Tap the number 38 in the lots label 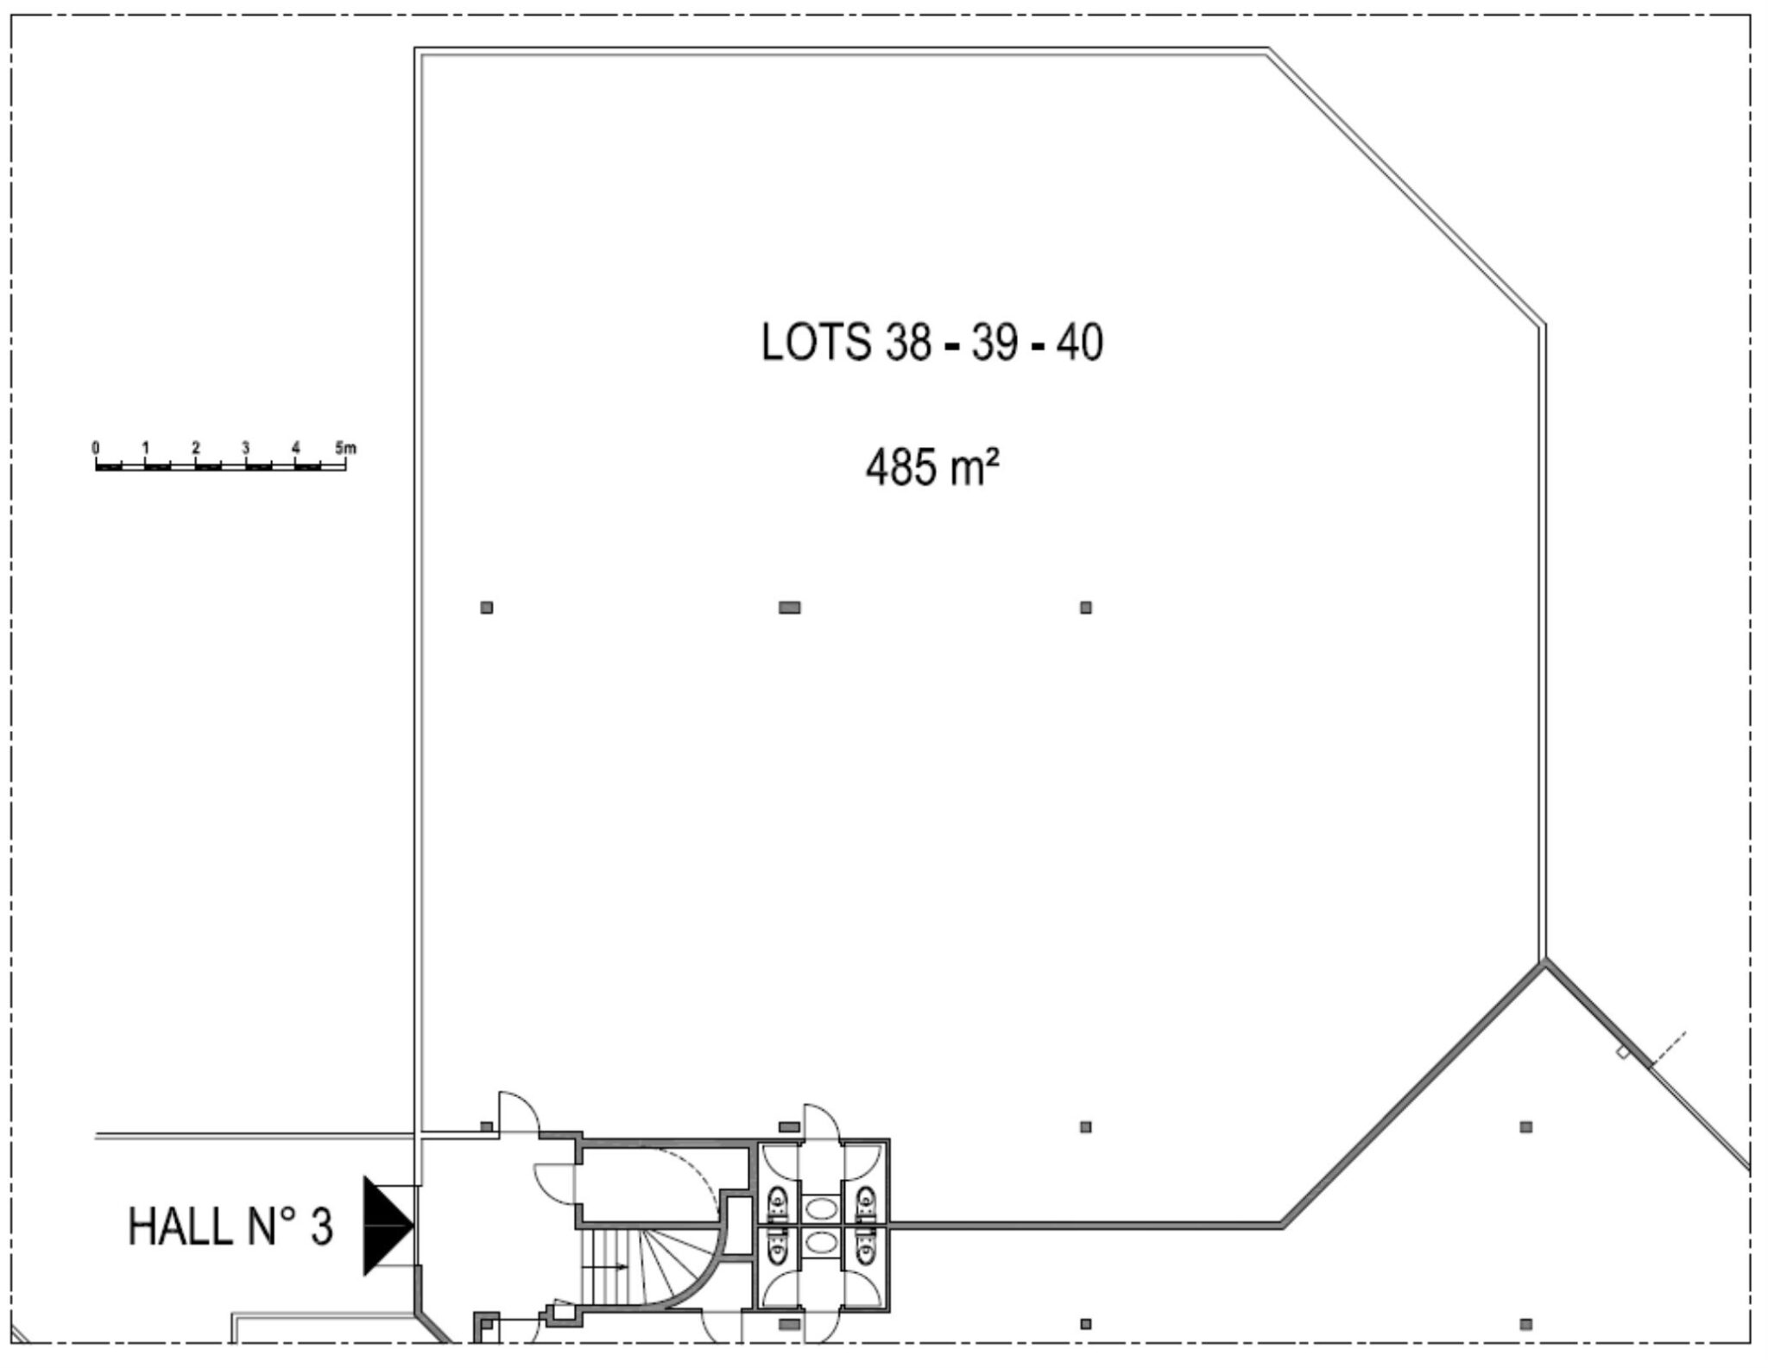click(x=908, y=343)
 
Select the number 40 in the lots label click(x=1078, y=343)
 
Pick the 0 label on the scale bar click(x=96, y=448)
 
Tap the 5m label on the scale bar click(x=345, y=448)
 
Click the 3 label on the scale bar click(x=246, y=448)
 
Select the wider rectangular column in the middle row click(x=789, y=608)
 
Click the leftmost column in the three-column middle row click(x=487, y=608)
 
